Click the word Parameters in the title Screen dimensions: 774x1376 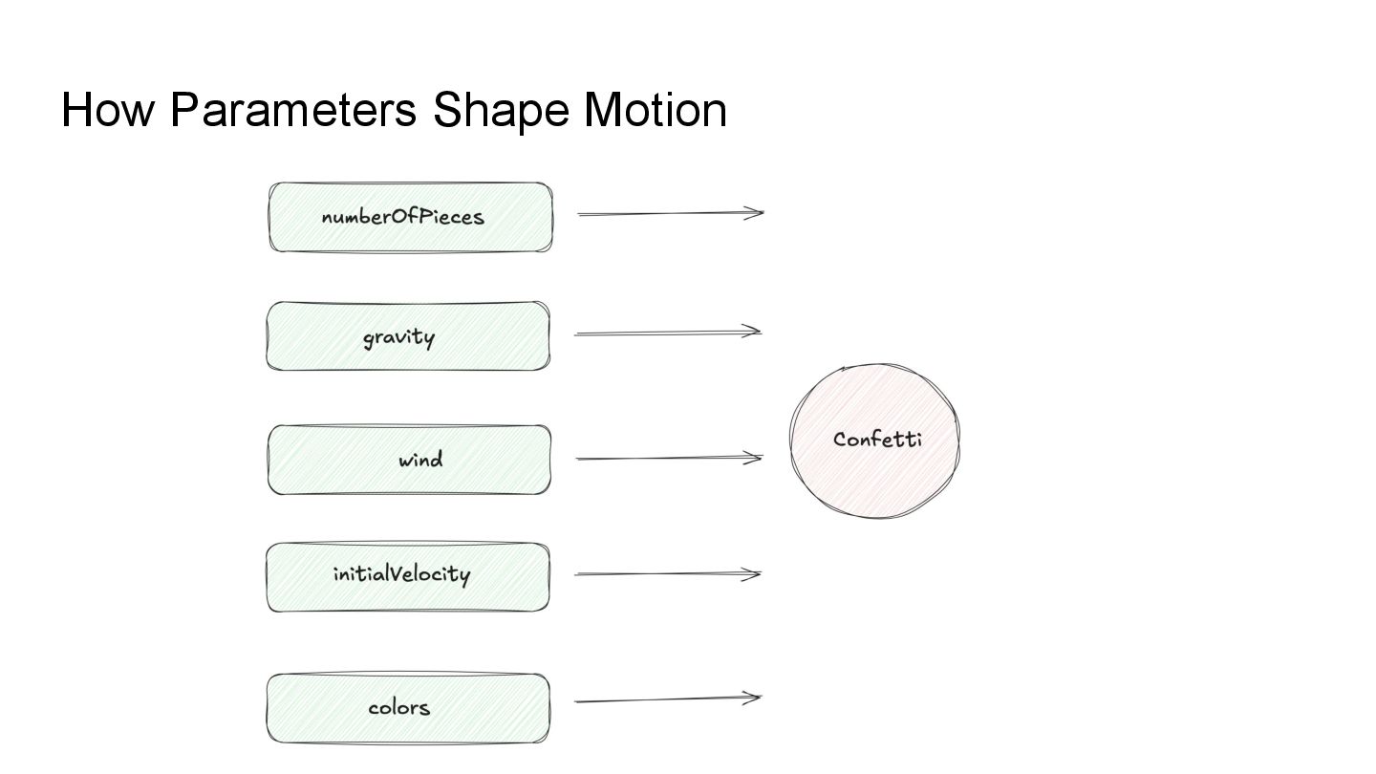coord(293,110)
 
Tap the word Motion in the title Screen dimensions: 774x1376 coord(656,110)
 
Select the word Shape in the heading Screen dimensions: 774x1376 coord(501,110)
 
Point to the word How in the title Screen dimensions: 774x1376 coord(107,110)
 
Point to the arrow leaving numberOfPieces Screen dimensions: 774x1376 coord(669,214)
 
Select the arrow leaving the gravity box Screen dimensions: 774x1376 coord(666,333)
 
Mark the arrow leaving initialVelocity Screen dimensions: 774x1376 coord(666,574)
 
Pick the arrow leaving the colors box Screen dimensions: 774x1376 coord(666,700)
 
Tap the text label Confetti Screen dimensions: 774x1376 coord(877,440)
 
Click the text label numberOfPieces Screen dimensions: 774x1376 coord(402,217)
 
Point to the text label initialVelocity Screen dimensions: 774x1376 coord(401,574)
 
